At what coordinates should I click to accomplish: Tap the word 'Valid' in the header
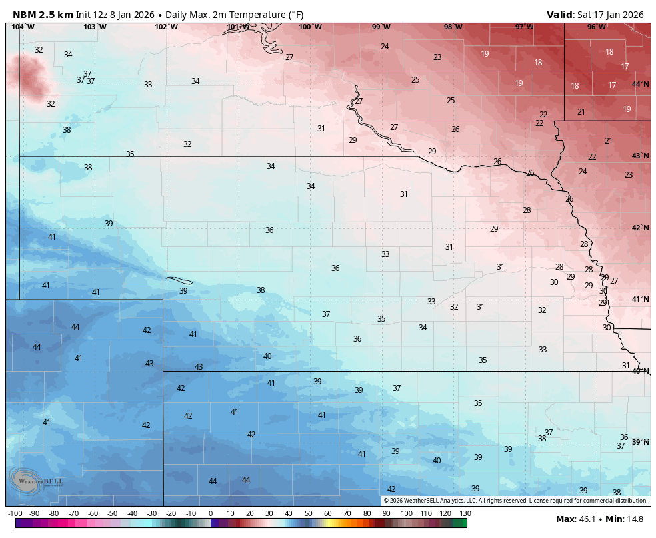click(560, 15)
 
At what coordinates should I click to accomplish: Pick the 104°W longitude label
click(23, 27)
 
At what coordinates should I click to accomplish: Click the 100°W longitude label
click(310, 27)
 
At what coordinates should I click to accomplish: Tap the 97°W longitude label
click(525, 27)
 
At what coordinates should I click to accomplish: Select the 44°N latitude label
click(640, 84)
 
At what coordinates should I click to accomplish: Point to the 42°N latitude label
click(640, 228)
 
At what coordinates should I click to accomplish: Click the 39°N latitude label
click(640, 442)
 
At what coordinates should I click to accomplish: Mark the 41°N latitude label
click(640, 299)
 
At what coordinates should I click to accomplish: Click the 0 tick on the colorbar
click(211, 513)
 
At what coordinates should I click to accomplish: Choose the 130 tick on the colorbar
click(465, 513)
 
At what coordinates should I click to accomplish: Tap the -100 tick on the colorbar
click(15, 513)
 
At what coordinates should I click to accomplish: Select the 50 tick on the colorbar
click(309, 513)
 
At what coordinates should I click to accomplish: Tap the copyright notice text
click(515, 501)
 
